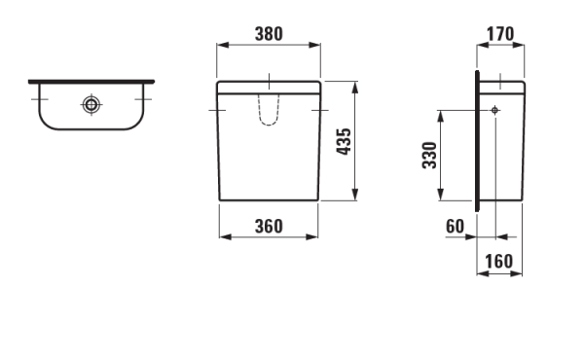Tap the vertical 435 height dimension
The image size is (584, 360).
(x=343, y=141)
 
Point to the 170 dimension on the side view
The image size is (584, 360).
(x=497, y=32)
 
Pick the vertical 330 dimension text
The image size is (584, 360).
(x=429, y=155)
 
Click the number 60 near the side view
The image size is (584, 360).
(x=455, y=226)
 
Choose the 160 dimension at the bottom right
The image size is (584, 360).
(x=497, y=262)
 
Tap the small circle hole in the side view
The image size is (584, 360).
(x=495, y=111)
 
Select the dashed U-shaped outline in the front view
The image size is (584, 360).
(x=268, y=111)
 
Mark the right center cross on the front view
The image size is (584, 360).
(x=319, y=111)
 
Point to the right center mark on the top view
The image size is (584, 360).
(x=143, y=99)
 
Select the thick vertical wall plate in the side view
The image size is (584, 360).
(x=476, y=141)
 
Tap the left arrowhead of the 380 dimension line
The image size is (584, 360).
(x=220, y=45)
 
